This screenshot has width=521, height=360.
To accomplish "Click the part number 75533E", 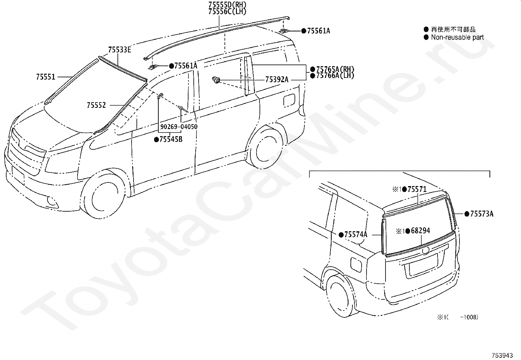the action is click(x=120, y=50).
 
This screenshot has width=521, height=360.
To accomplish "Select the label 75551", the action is click(x=46, y=77).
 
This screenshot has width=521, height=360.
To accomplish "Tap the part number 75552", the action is click(x=96, y=105).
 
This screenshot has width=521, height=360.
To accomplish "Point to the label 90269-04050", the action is click(x=179, y=127).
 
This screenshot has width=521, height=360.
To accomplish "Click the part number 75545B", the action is click(x=171, y=140).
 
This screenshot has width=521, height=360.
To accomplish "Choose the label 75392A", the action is click(x=277, y=80).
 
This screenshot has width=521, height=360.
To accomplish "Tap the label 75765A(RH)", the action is click(x=335, y=69).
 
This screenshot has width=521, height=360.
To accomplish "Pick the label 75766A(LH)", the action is click(x=335, y=76).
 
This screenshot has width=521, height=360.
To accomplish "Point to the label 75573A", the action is click(x=481, y=214).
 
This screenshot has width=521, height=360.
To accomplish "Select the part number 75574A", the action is click(x=356, y=235).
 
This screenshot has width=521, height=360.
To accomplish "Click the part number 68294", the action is click(x=420, y=231).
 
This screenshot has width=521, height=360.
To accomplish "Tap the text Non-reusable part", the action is click(x=457, y=37).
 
